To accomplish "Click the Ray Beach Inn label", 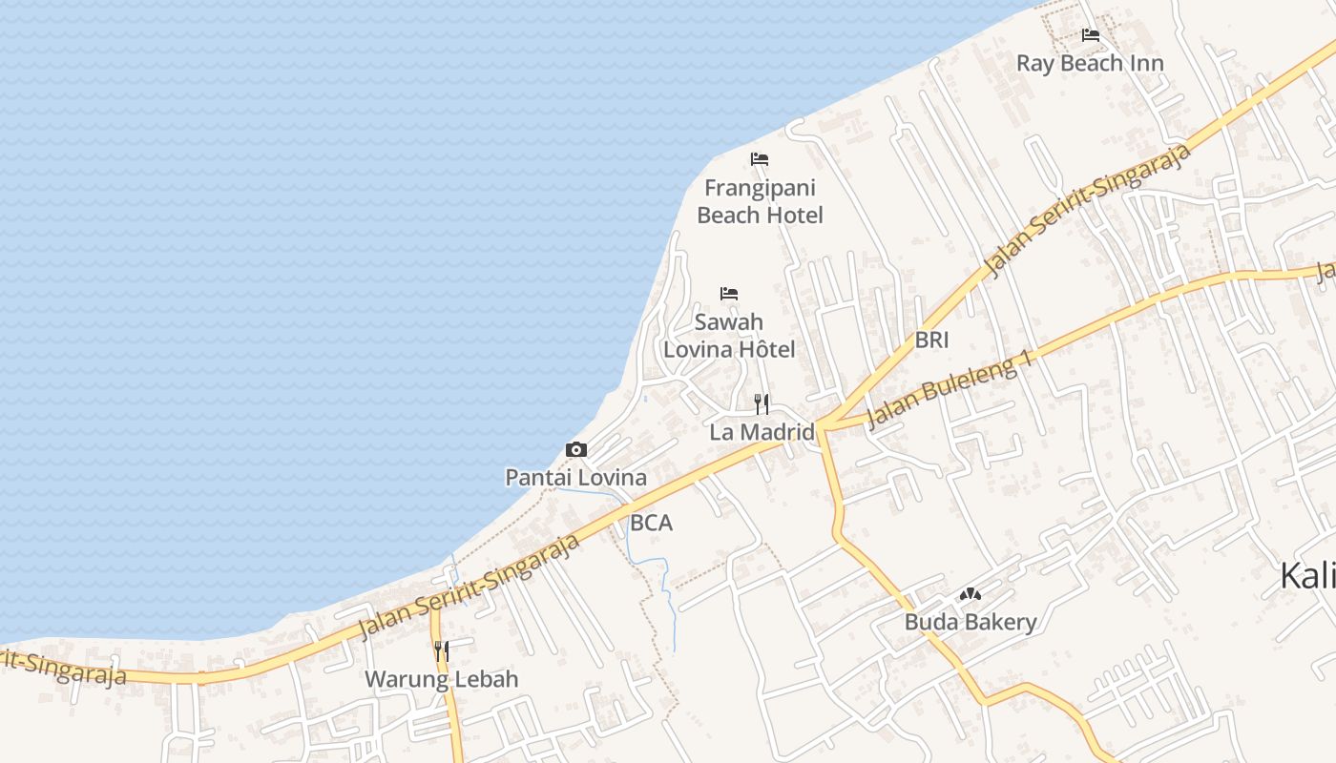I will click(1090, 64).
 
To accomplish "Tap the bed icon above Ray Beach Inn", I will click(1091, 36).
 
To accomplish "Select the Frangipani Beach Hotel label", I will click(760, 201).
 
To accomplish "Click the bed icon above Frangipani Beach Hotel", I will click(760, 158).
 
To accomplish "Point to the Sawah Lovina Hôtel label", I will click(729, 336).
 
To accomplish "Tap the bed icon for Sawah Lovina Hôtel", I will click(729, 294).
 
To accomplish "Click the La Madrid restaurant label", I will click(762, 432).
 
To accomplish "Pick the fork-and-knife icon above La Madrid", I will click(761, 404).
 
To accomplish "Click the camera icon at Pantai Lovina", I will click(576, 449).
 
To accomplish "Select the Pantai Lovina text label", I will click(575, 478).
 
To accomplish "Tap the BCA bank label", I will click(651, 523).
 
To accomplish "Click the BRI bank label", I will click(931, 340).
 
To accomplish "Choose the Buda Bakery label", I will click(971, 623).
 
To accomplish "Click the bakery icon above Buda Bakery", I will click(971, 595).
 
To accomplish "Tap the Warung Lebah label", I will click(442, 679).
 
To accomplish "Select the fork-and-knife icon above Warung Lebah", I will click(441, 651).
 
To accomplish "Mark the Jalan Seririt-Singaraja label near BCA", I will click(470, 587).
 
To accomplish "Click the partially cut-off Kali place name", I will click(1307, 576).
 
